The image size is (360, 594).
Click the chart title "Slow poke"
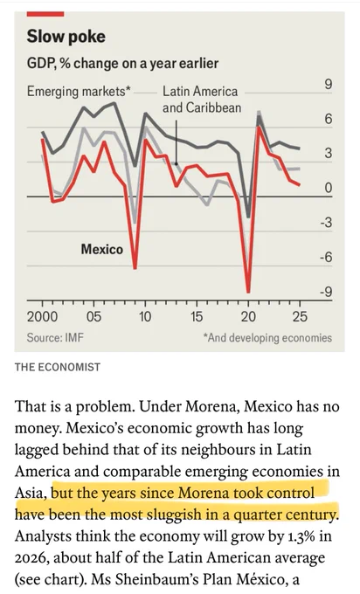click(66, 37)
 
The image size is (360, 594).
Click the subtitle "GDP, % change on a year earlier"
click(122, 63)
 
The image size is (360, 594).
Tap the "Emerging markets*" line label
click(79, 92)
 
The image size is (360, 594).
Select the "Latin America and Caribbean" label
click(202, 100)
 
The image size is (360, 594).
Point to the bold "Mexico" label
click(102, 249)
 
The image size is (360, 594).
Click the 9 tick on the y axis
click(328, 85)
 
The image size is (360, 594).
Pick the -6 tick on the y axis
click(326, 258)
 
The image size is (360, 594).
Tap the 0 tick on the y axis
click(329, 188)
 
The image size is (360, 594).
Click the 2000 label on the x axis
click(42, 316)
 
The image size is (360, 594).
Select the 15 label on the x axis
click(197, 316)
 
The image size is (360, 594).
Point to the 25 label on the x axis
click(300, 316)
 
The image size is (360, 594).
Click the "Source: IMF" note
click(55, 337)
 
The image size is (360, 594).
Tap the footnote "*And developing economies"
click(267, 337)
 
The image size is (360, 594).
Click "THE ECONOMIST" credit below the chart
click(58, 367)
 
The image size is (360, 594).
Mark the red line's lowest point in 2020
click(248, 292)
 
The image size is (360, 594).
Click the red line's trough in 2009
click(135, 268)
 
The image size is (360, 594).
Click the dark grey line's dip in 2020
click(248, 217)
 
